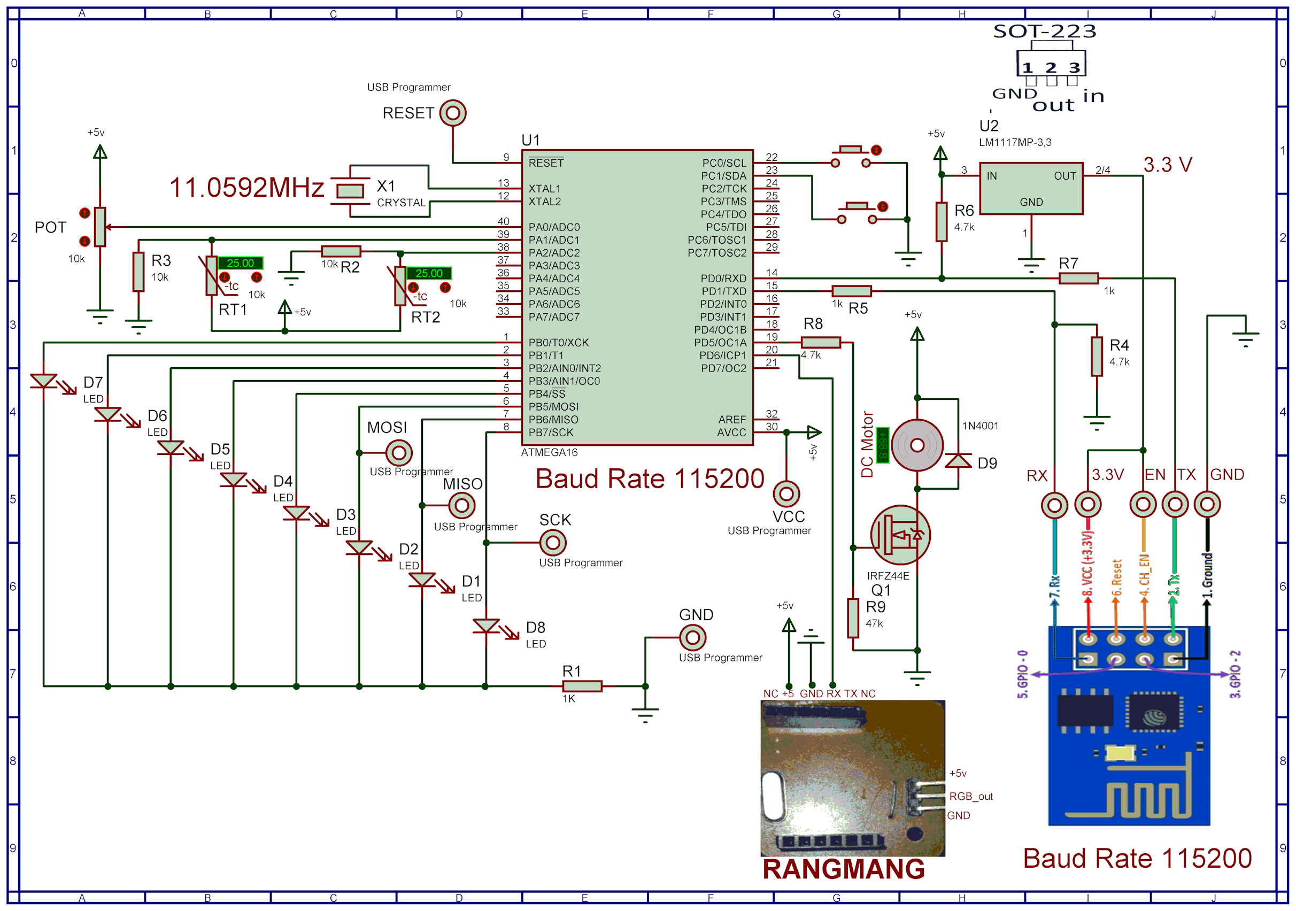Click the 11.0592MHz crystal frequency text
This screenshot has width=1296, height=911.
tap(246, 188)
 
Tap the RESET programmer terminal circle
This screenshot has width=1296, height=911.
tap(453, 113)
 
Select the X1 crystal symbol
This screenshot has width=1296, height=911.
tap(350, 191)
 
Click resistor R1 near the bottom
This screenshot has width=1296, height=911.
tap(582, 686)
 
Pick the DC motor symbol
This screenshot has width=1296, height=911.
tap(917, 445)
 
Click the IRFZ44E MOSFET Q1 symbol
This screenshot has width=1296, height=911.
tap(900, 535)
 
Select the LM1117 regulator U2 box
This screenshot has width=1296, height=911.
tap(1031, 189)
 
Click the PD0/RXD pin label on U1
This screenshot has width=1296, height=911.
tap(723, 278)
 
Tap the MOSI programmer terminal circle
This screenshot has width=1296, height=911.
tap(399, 453)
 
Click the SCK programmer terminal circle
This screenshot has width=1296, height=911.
tap(553, 543)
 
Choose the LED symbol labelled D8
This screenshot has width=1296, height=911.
tap(486, 627)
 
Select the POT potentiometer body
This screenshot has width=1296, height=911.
tap(100, 227)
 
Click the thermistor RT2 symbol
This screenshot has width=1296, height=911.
tap(400, 285)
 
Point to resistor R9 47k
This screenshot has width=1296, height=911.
tap(853, 618)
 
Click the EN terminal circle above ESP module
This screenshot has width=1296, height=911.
tap(1143, 505)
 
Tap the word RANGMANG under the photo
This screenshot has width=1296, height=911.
tap(843, 869)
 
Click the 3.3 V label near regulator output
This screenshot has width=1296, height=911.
tap(1167, 165)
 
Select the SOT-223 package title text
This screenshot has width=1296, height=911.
tap(1044, 31)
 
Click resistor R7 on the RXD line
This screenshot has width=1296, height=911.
tap(1078, 278)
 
